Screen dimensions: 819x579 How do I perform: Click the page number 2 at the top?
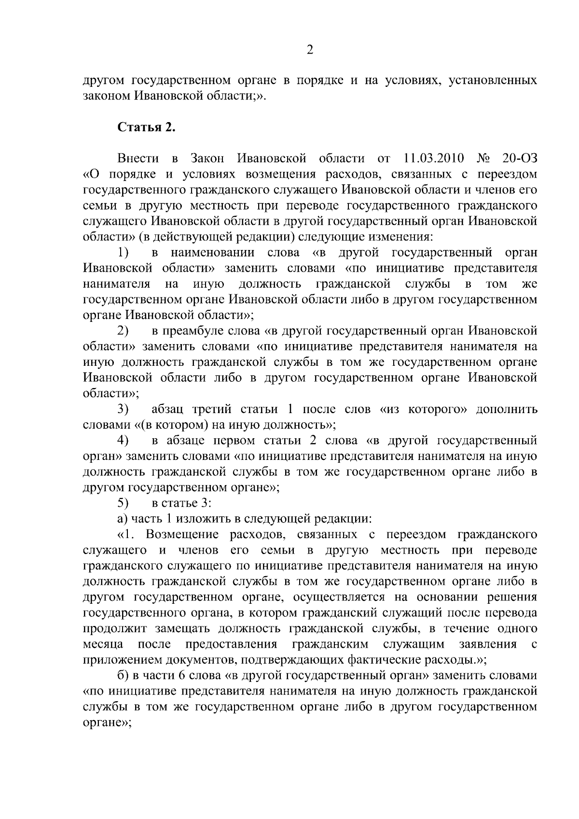coord(310,50)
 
